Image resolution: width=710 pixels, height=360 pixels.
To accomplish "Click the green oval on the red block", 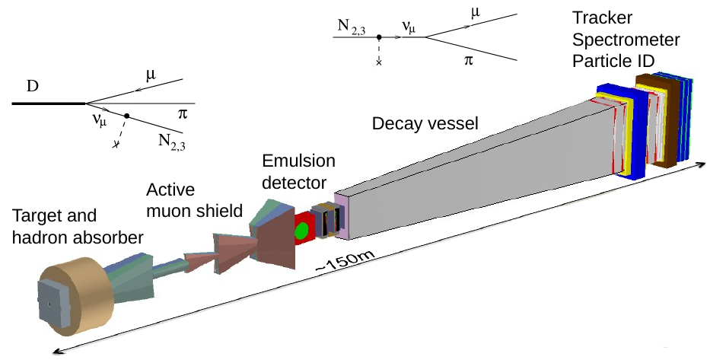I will tap(302, 229).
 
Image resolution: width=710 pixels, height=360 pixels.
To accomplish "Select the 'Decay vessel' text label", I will tap(425, 123).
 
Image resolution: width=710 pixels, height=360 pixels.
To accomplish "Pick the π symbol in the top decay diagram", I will tap(468, 65).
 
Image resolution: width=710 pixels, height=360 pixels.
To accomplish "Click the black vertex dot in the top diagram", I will tap(378, 37).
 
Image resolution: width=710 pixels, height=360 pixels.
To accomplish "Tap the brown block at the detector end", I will tap(654, 122).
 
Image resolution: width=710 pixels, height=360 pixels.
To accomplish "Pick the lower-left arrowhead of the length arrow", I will tap(53, 350).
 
